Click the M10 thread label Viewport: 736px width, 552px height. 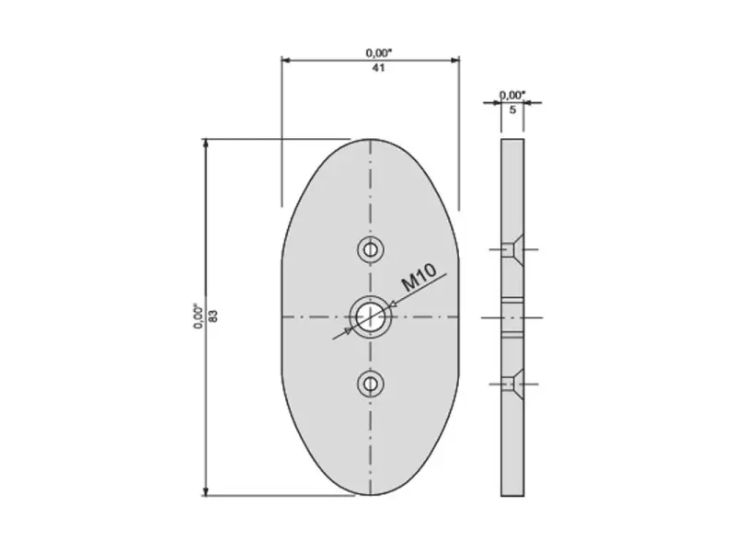pyautogui.click(x=420, y=278)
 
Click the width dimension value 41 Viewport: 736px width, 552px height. pyautogui.click(x=378, y=68)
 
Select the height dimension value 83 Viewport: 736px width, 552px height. pyautogui.click(x=213, y=316)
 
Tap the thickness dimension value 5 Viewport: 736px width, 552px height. pyautogui.click(x=512, y=109)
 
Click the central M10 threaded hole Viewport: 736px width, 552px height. pyautogui.click(x=371, y=317)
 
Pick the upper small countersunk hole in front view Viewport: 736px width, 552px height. pyautogui.click(x=371, y=249)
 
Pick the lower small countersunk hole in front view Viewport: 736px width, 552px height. pyautogui.click(x=371, y=385)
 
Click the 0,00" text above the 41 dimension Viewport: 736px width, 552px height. pyautogui.click(x=379, y=53)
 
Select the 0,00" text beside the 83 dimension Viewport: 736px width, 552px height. pyautogui.click(x=199, y=316)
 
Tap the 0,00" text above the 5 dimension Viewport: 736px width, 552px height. pyautogui.click(x=512, y=96)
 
